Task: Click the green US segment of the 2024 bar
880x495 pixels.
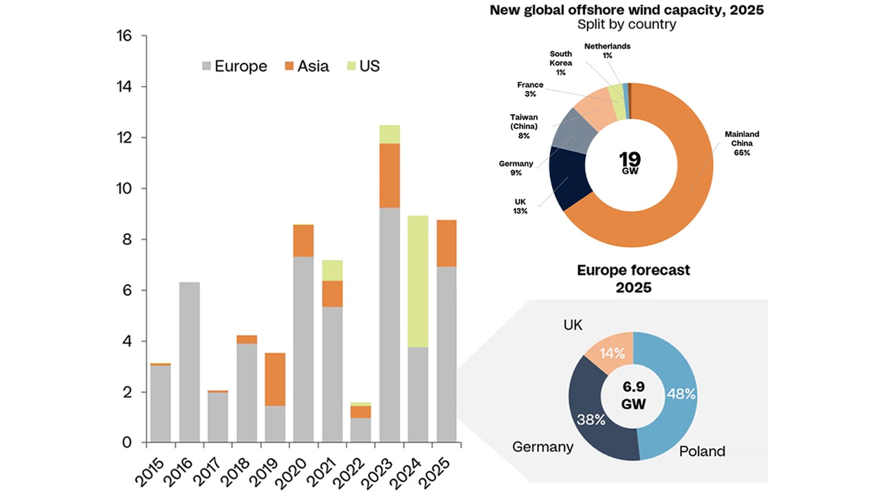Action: [419, 281]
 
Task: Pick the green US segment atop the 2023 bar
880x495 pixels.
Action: [390, 134]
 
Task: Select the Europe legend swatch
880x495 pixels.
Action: [207, 67]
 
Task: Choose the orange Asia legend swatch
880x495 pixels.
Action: [289, 67]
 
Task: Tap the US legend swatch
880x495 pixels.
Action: [351, 67]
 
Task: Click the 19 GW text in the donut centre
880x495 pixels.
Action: [629, 163]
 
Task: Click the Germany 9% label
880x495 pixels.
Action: [516, 168]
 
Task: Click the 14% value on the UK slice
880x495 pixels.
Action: [612, 353]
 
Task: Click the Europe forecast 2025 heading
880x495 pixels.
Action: [633, 278]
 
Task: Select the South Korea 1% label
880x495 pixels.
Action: [561, 63]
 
